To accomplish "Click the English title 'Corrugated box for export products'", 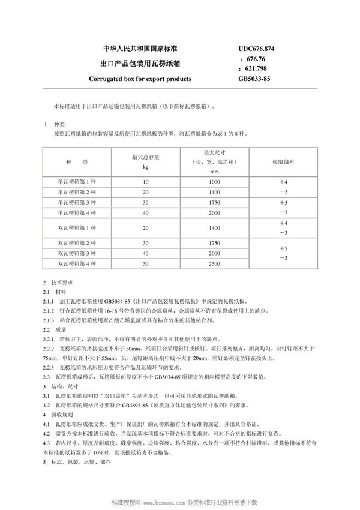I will pyautogui.click(x=140, y=79).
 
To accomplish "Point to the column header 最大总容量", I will pyautogui.click(x=145, y=157).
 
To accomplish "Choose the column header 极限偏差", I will pyautogui.click(x=284, y=162).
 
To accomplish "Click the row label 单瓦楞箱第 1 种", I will pyautogui.click(x=77, y=181).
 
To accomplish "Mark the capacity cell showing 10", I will pyautogui.click(x=145, y=181).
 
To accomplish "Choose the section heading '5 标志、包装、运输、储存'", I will pyautogui.click(x=78, y=463).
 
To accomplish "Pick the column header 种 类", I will pyautogui.click(x=77, y=162).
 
